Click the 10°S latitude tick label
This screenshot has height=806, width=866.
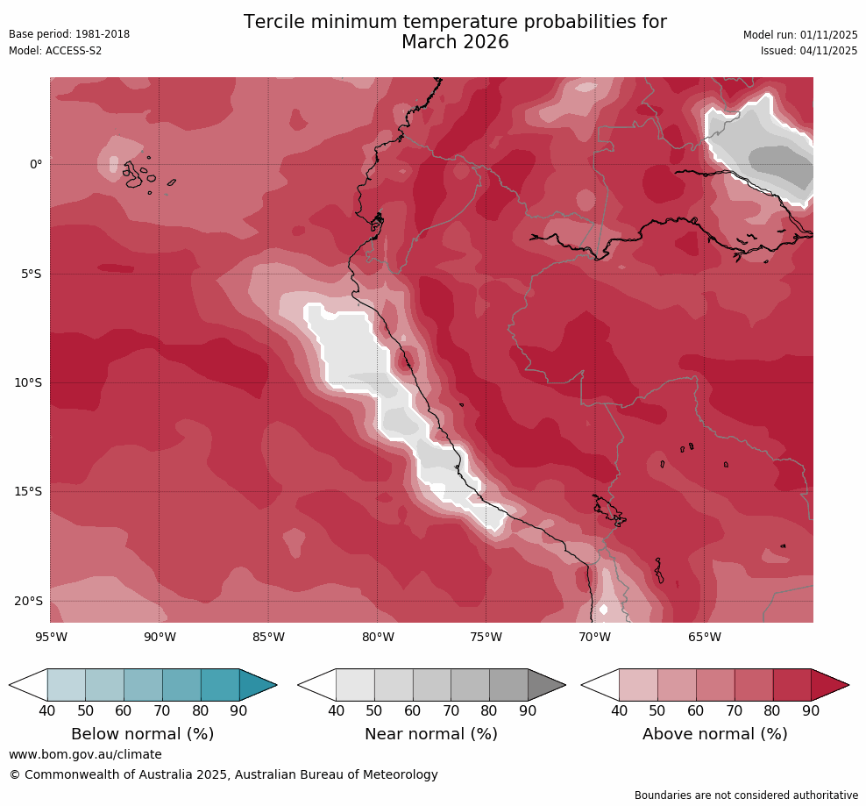pyautogui.click(x=30, y=383)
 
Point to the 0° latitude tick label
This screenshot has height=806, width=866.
pyautogui.click(x=36, y=165)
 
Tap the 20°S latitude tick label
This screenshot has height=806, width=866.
pyautogui.click(x=30, y=602)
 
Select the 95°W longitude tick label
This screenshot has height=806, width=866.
pyautogui.click(x=50, y=637)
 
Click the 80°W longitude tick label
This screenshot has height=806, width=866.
pyautogui.click(x=377, y=637)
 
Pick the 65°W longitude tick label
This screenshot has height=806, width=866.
pyautogui.click(x=704, y=637)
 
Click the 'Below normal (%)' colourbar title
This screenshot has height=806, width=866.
pyautogui.click(x=143, y=734)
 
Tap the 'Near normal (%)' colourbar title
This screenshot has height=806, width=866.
pyautogui.click(x=431, y=734)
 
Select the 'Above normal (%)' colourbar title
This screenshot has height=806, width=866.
pyautogui.click(x=714, y=734)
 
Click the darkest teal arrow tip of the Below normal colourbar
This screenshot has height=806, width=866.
pyautogui.click(x=259, y=685)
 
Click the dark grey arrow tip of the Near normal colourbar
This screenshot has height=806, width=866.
pyautogui.click(x=548, y=685)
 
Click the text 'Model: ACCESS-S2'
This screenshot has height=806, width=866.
pyautogui.click(x=55, y=51)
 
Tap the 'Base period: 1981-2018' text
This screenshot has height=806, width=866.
pyautogui.click(x=69, y=34)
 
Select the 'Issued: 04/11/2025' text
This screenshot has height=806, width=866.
pyautogui.click(x=809, y=51)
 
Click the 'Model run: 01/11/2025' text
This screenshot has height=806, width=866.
pyautogui.click(x=800, y=34)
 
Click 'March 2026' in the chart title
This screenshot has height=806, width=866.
pyautogui.click(x=455, y=42)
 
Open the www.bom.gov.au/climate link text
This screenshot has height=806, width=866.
pyautogui.click(x=85, y=754)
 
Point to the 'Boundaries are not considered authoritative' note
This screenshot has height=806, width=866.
pyautogui.click(x=746, y=795)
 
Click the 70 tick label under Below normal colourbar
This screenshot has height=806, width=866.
pyautogui.click(x=162, y=711)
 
